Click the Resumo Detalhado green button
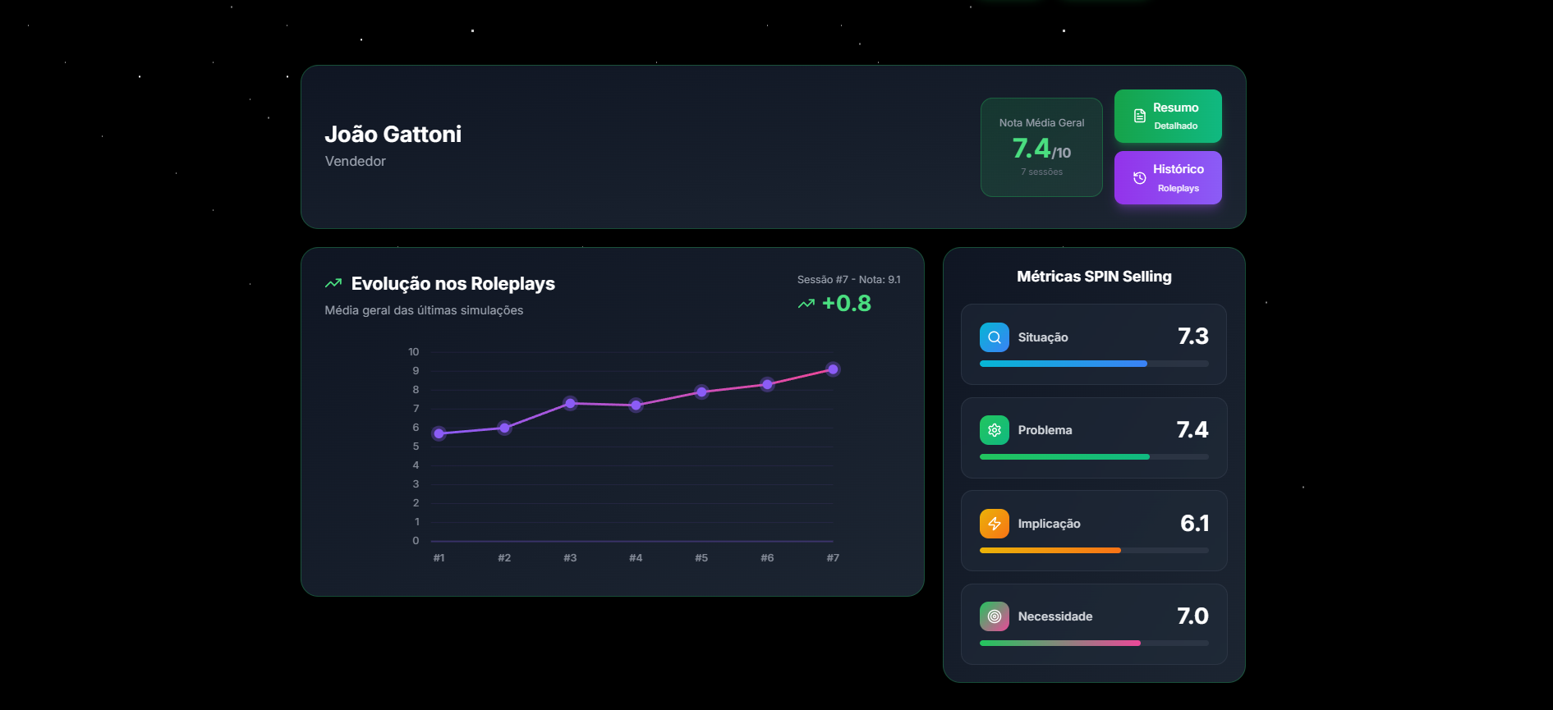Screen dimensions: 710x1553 (1167, 116)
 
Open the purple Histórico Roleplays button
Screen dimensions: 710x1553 (1167, 177)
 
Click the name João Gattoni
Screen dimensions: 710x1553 (393, 134)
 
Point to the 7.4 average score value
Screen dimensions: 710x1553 (1032, 149)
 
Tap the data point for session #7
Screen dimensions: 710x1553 (833, 369)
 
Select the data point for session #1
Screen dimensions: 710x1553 (439, 433)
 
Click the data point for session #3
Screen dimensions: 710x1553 (570, 403)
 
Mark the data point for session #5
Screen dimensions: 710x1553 (701, 392)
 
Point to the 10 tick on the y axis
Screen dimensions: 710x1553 (413, 352)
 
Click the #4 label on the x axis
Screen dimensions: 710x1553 (636, 558)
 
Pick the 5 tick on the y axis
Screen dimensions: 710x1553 (416, 447)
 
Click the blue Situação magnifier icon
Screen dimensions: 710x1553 (994, 337)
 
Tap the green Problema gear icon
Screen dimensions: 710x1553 (994, 430)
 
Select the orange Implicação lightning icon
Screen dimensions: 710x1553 (994, 524)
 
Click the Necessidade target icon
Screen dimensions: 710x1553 (994, 616)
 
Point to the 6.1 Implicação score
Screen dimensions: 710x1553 (1194, 523)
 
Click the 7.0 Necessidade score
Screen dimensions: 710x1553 (1192, 616)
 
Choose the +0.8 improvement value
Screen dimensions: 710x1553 (846, 304)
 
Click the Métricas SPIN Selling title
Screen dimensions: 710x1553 (1094, 277)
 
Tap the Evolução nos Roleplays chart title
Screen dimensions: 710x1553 (453, 284)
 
